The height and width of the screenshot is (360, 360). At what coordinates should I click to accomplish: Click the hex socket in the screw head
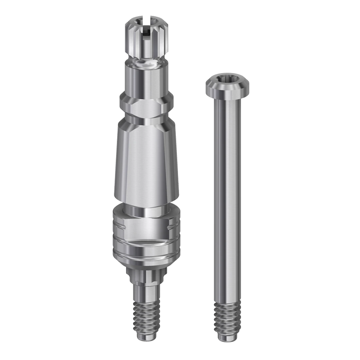point(227,80)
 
